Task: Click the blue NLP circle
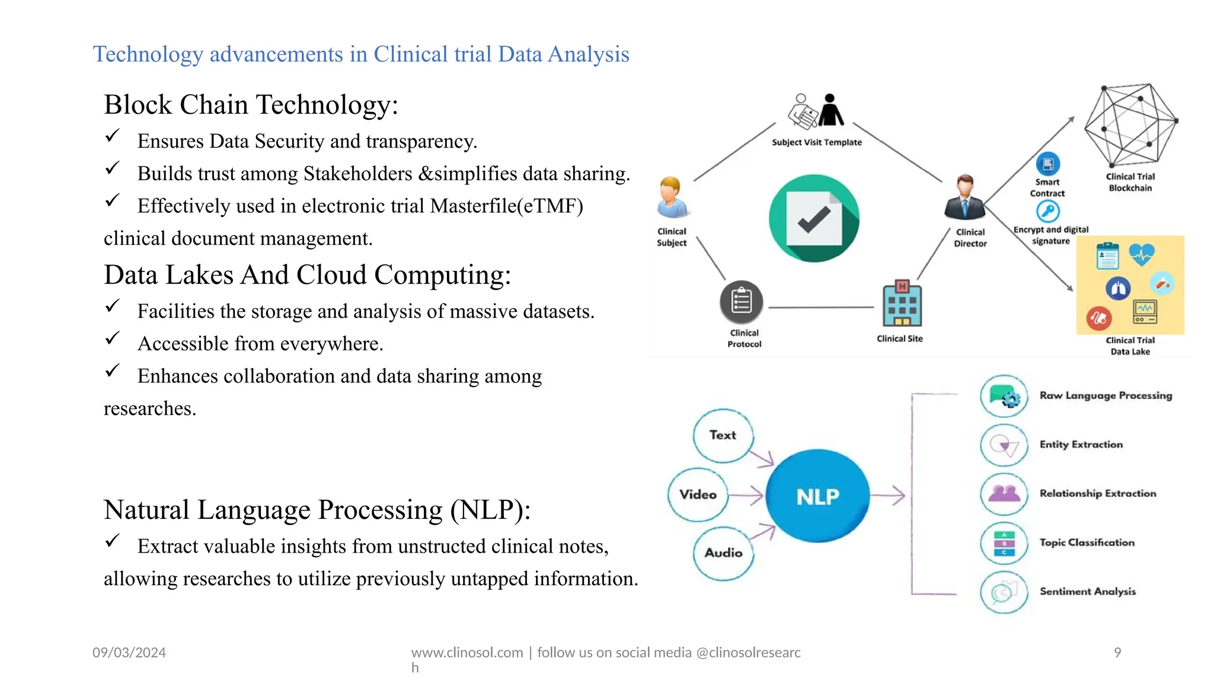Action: [817, 496]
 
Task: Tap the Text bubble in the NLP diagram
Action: [723, 435]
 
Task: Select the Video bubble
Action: [698, 494]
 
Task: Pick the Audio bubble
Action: [723, 553]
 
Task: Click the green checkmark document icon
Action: [814, 218]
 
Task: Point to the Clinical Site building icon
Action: [902, 304]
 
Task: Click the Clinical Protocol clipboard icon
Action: [741, 301]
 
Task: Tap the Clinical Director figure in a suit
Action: [965, 198]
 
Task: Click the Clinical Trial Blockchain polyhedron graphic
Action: [1130, 124]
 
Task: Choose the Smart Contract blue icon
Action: [1047, 164]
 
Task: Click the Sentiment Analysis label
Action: [1087, 591]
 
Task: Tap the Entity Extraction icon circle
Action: [1004, 445]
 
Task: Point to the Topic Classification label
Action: [1087, 542]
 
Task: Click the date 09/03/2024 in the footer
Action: [129, 652]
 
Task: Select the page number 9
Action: [1117, 652]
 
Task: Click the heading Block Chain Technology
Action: [251, 105]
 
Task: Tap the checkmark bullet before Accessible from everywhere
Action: [112, 339]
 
